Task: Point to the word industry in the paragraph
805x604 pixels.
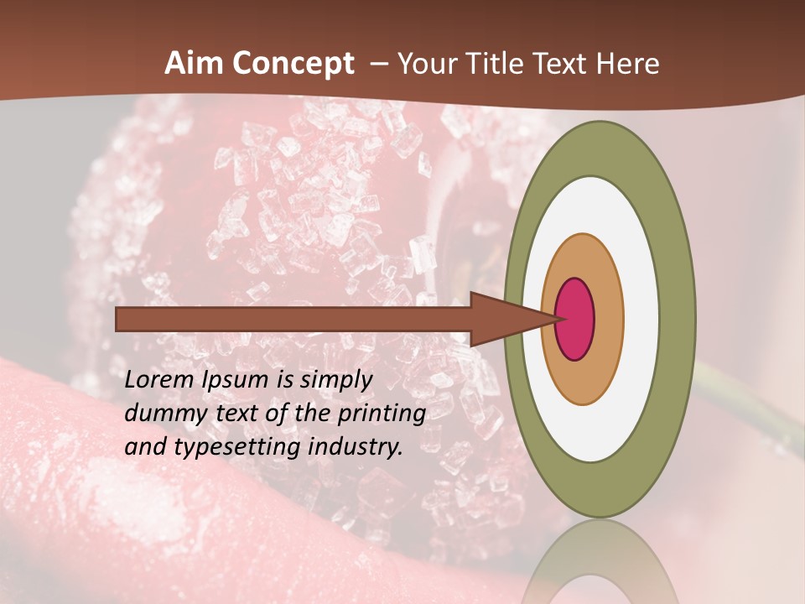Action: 356,447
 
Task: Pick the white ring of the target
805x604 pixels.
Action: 641,319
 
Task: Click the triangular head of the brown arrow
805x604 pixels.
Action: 503,319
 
